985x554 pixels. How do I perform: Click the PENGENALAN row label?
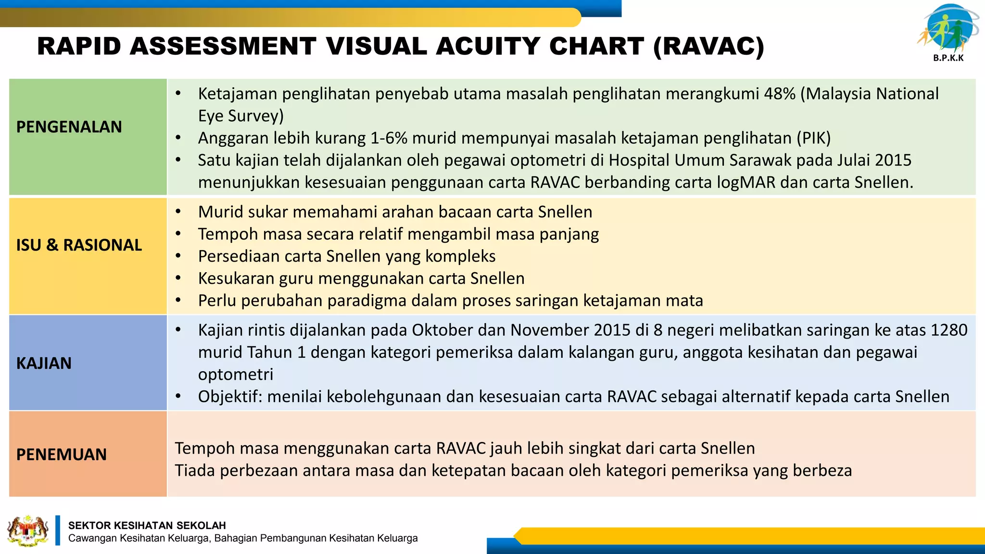[x=69, y=127]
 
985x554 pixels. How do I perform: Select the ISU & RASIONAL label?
[x=79, y=245]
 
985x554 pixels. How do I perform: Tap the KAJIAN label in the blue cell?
[x=44, y=363]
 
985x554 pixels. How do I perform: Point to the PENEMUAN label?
[x=61, y=454]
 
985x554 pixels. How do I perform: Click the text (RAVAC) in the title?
[x=708, y=47]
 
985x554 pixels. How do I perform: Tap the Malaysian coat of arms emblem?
[x=28, y=531]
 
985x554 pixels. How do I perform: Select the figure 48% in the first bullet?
[x=779, y=94]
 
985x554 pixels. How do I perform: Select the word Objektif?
[x=230, y=397]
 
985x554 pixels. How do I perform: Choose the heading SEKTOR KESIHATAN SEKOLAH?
[x=147, y=526]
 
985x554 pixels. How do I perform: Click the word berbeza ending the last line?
[x=822, y=470]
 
